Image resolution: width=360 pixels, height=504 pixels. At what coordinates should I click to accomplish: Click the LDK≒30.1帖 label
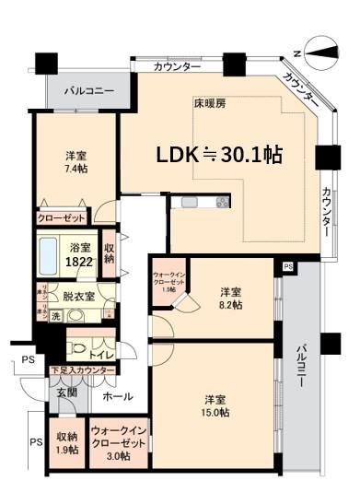[217, 155]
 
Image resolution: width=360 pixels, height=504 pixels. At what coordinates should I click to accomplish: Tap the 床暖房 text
[209, 103]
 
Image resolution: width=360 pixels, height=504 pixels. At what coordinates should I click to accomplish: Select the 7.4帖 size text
[75, 170]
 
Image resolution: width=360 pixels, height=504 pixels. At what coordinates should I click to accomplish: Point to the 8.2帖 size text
[230, 305]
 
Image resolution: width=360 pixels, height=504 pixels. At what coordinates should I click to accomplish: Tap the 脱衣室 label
[78, 297]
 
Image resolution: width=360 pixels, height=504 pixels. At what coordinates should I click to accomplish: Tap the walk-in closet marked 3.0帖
[117, 443]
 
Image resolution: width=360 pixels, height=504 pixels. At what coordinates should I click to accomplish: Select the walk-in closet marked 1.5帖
[168, 280]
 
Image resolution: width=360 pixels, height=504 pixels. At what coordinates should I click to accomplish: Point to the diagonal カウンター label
[303, 88]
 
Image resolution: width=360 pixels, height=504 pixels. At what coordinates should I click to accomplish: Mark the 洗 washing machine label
[57, 316]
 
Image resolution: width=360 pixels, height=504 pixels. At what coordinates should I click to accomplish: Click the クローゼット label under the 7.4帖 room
[62, 218]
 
